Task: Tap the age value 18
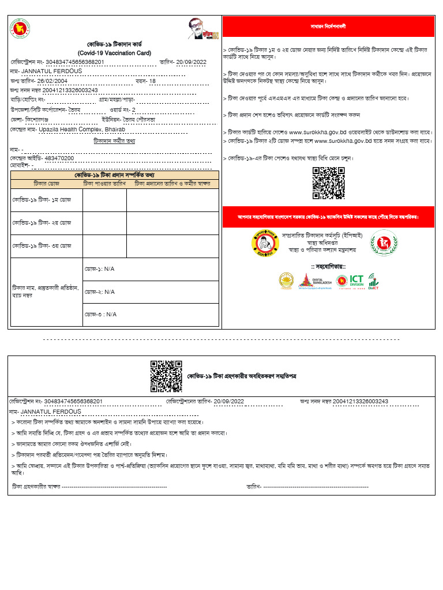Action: click(x=152, y=81)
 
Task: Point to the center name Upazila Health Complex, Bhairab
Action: click(x=82, y=130)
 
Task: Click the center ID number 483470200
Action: click(x=59, y=158)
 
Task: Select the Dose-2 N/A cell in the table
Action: click(x=100, y=292)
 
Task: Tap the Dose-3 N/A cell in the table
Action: click(x=100, y=314)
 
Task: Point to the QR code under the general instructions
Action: click(x=328, y=183)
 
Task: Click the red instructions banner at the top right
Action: click(x=328, y=27)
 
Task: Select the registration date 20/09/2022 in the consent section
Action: click(x=228, y=401)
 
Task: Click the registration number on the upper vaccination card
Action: click(x=74, y=62)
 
